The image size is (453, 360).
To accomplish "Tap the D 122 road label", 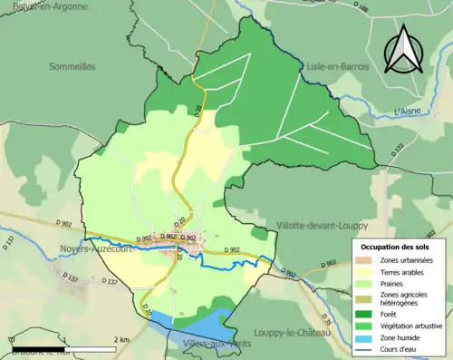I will coord(396,155).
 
